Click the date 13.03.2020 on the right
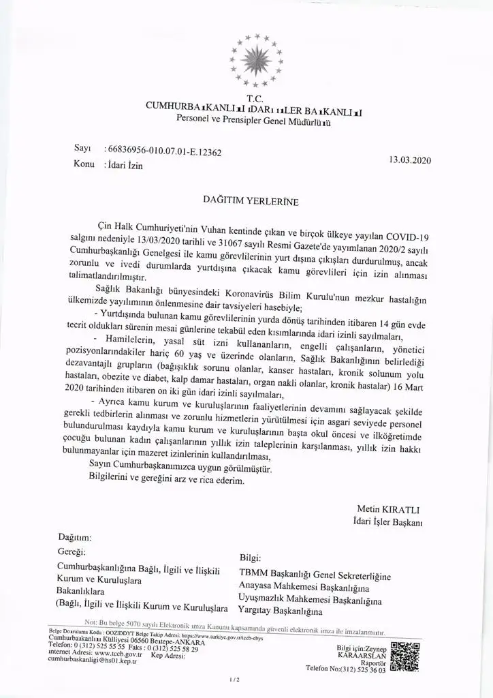pyautogui.click(x=411, y=160)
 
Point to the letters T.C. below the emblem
pyautogui.click(x=256, y=97)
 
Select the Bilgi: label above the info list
pyautogui.click(x=251, y=558)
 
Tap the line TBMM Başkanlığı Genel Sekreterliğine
pyautogui.click(x=315, y=577)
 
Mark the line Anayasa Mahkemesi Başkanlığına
pyautogui.click(x=304, y=588)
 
